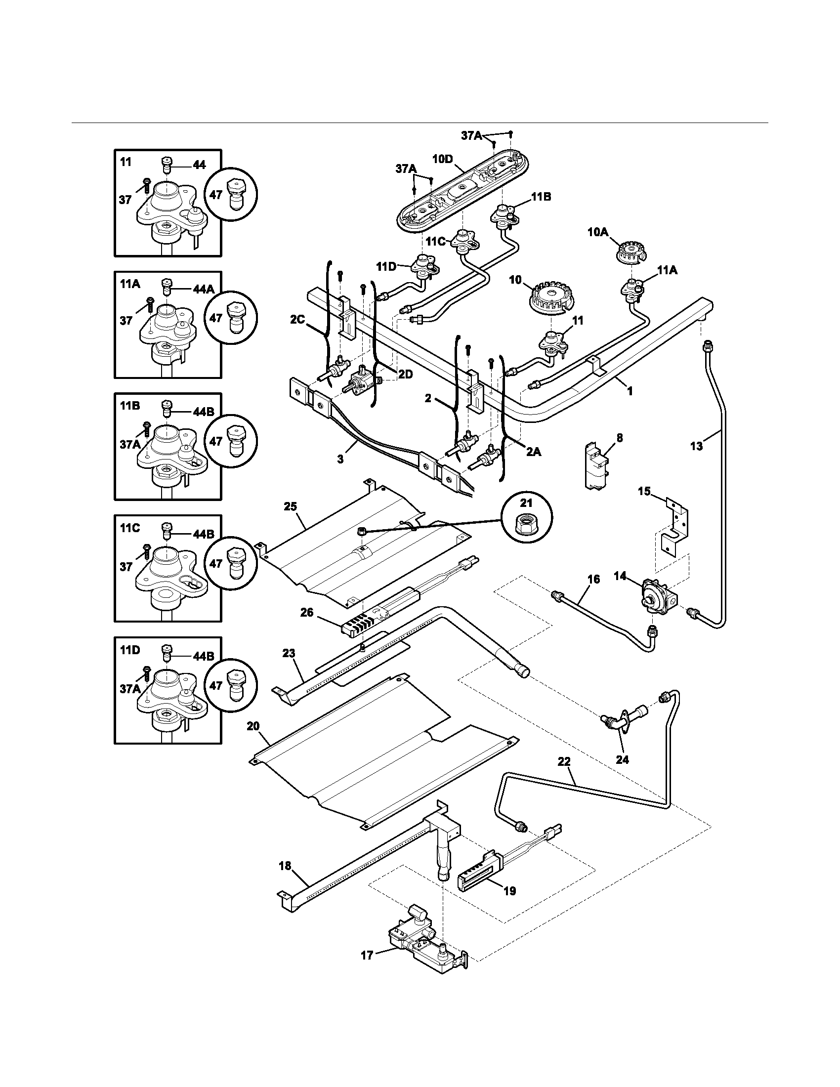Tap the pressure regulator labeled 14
[655, 595]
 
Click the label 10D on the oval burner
[442, 159]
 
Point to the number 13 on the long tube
[696, 446]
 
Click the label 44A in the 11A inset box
[204, 289]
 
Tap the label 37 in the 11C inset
[126, 566]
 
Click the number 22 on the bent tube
[564, 762]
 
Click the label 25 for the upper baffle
[290, 506]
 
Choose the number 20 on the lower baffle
[253, 726]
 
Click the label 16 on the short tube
[593, 579]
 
